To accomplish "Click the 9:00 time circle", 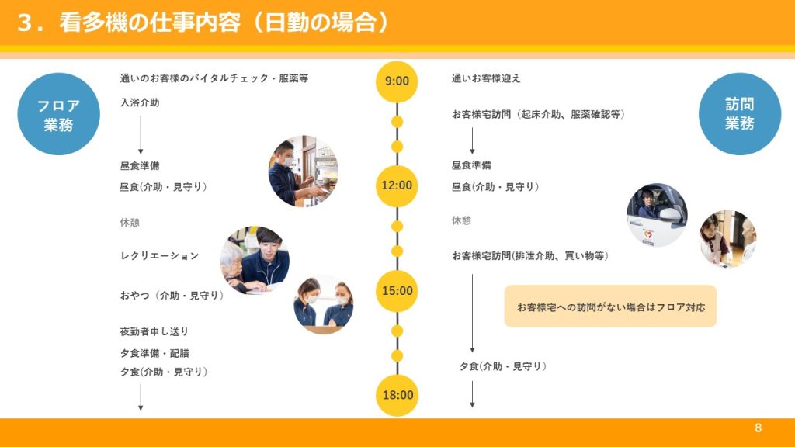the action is (397, 81).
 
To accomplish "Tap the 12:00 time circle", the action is (397, 185).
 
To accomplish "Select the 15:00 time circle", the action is (397, 291).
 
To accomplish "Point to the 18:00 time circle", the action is (397, 395).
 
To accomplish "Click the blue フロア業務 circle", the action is (58, 114).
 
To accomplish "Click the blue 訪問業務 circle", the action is (740, 114).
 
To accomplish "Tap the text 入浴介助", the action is (140, 102).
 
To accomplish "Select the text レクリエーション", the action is (159, 256).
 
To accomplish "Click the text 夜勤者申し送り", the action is (154, 331).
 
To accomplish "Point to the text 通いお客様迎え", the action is (486, 78).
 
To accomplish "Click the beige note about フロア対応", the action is (610, 306).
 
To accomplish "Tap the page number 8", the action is (758, 428).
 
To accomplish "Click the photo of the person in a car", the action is (657, 215).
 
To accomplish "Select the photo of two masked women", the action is (324, 304).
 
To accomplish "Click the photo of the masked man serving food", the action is (304, 172).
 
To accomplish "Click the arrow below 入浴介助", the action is (141, 135).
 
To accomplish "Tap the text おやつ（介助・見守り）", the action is (172, 296).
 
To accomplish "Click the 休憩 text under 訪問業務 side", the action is (461, 220).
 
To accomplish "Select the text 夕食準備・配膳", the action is (154, 353).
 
